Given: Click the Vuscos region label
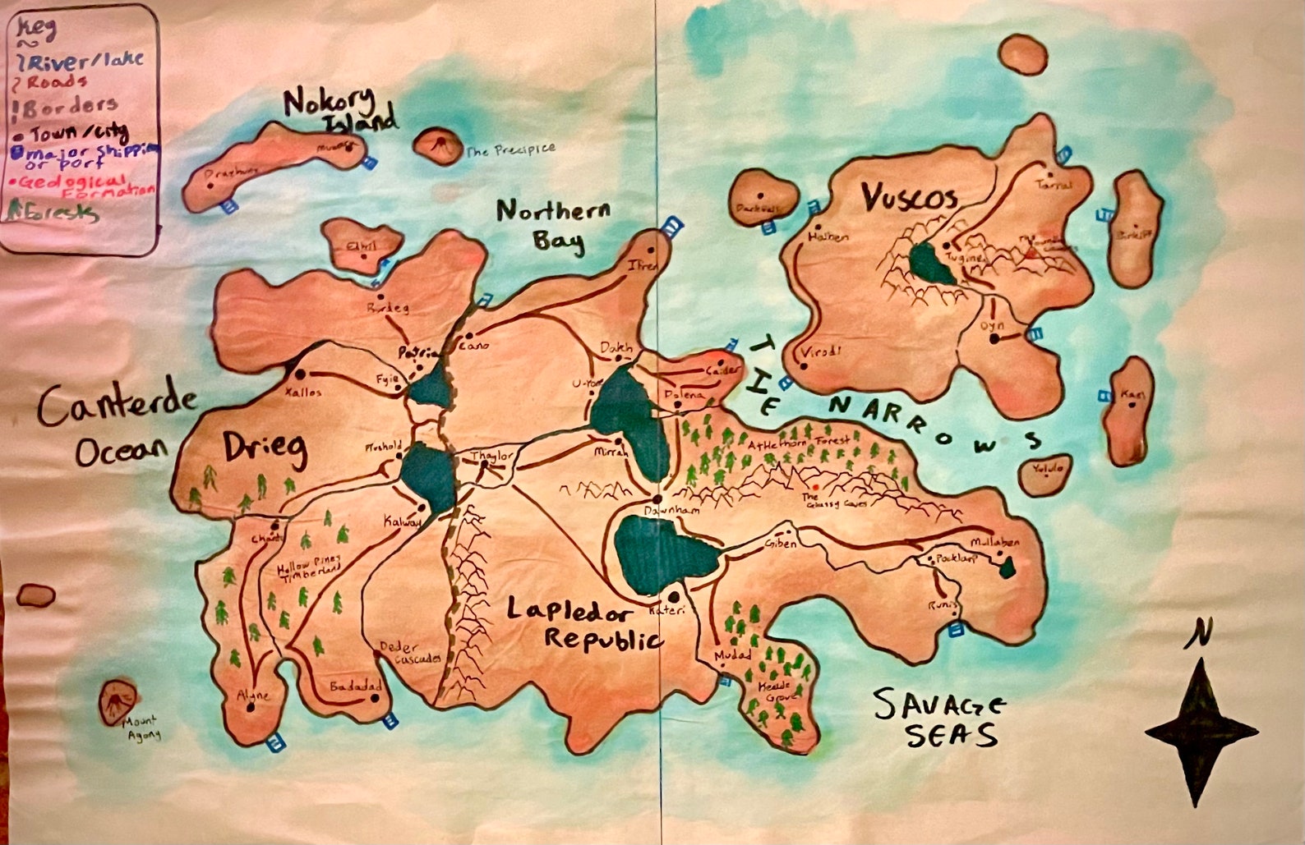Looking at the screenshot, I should pyautogui.click(x=908, y=199).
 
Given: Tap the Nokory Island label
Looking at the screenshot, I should pyautogui.click(x=340, y=110).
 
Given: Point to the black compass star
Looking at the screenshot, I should pyautogui.click(x=1201, y=731).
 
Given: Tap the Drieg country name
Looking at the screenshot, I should pyautogui.click(x=265, y=448).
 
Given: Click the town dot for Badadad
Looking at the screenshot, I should pyautogui.click(x=375, y=699).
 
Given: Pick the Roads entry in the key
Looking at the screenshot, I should pyautogui.click(x=57, y=82).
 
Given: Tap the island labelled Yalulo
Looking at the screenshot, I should pyautogui.click(x=1045, y=475).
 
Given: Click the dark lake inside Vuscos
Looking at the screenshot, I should pyautogui.click(x=932, y=264).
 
